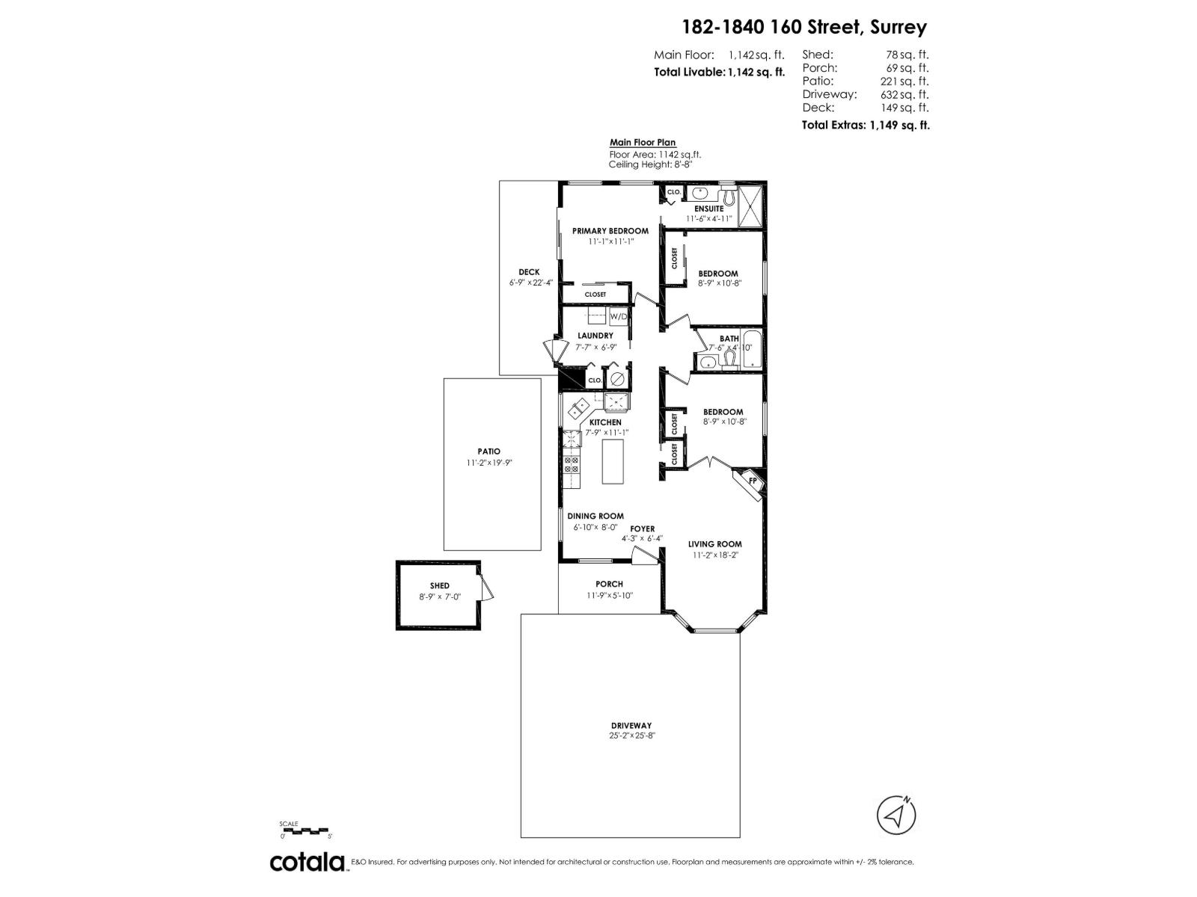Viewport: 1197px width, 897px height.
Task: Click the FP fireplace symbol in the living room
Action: tap(753, 480)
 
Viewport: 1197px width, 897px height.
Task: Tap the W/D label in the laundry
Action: tap(619, 316)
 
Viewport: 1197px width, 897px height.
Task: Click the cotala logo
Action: tap(307, 862)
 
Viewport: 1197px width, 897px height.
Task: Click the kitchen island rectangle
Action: tap(613, 461)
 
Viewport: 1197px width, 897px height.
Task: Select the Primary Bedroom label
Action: tap(610, 231)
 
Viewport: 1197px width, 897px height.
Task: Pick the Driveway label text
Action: tap(631, 725)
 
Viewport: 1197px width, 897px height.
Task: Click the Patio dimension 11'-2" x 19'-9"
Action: tap(489, 463)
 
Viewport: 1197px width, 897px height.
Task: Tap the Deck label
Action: tap(529, 272)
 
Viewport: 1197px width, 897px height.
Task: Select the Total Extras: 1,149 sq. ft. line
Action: tap(866, 126)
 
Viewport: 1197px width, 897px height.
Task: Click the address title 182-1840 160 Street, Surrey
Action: tap(804, 28)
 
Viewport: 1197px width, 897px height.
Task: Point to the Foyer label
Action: tap(642, 528)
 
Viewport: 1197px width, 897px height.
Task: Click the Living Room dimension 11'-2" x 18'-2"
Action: tap(714, 555)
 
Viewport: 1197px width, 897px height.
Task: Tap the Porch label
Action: tap(609, 584)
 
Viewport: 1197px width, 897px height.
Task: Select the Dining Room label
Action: tap(595, 516)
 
